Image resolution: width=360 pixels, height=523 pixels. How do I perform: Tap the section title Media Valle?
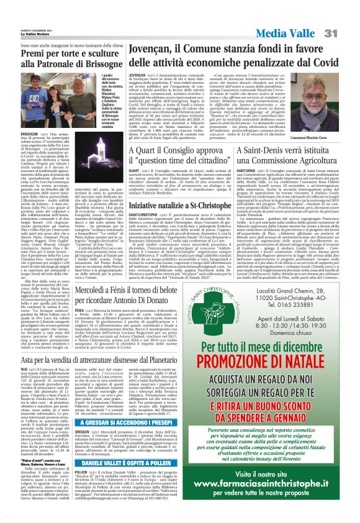pyautogui.click(x=302, y=15)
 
